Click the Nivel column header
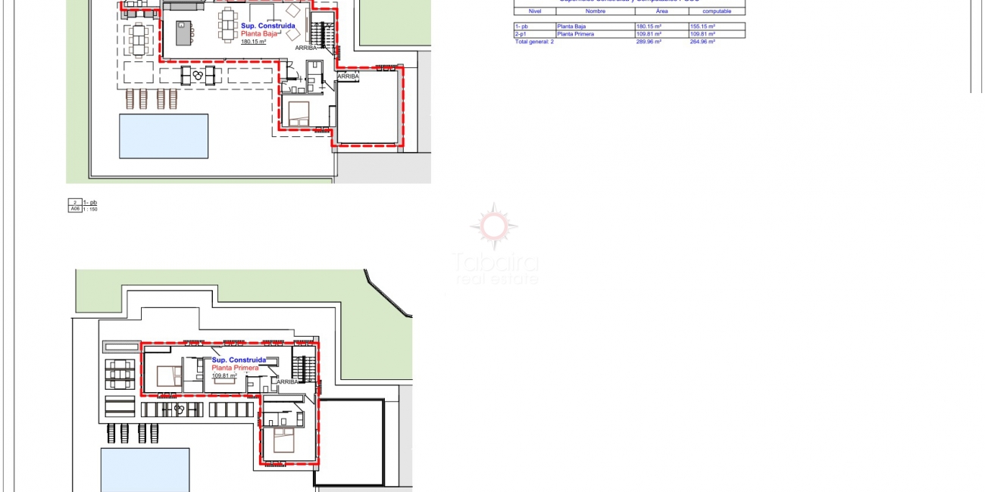coord(534,11)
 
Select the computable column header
coord(716,11)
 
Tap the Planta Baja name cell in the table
coord(571,26)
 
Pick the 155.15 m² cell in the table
coord(702,26)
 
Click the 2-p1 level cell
coord(521,34)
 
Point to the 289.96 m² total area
coord(649,42)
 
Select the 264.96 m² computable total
coord(702,42)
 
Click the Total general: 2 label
coord(534,42)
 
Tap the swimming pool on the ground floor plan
coord(164,136)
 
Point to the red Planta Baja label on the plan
coord(260,34)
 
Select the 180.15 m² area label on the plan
coord(253,42)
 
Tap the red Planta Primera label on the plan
coord(235,368)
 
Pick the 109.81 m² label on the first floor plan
coord(224,375)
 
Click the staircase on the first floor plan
coord(303,369)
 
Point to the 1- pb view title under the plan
coord(90,202)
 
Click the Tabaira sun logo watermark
coord(494,226)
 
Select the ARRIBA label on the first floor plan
coord(288,382)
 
